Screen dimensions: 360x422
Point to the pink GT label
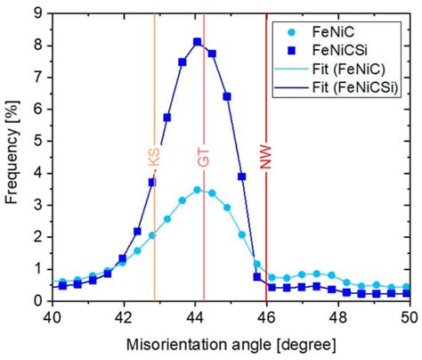coord(204,157)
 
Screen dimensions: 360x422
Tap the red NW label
coord(265,157)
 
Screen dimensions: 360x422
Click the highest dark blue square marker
coord(197,42)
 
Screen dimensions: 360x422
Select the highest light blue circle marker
coord(197,189)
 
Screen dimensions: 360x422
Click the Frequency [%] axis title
coord(12,156)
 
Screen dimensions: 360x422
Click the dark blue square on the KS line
coord(152,182)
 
